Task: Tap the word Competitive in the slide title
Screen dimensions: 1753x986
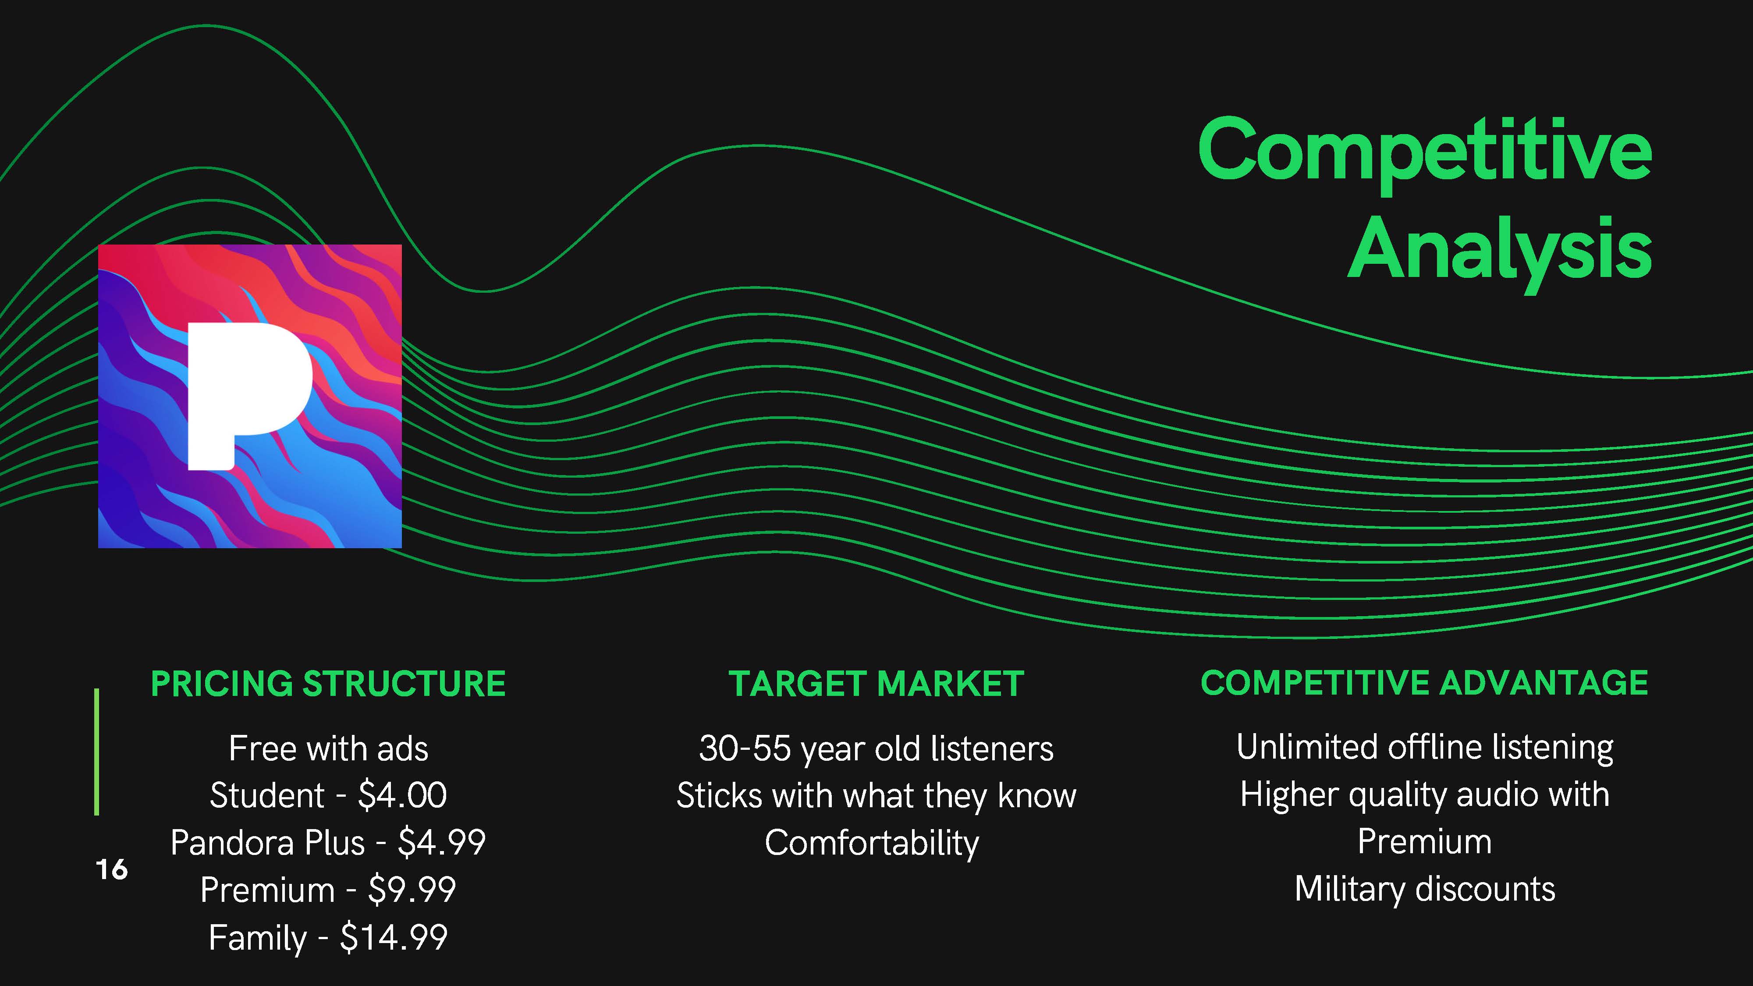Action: pyautogui.click(x=1425, y=154)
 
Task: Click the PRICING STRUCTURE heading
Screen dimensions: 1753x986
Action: pyautogui.click(x=328, y=684)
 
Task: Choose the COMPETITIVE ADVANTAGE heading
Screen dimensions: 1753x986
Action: pyautogui.click(x=1424, y=683)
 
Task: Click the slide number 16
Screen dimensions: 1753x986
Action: pyautogui.click(x=112, y=869)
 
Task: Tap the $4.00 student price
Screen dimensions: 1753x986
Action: pyautogui.click(x=402, y=795)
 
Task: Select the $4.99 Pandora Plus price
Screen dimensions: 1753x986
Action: pyautogui.click(x=442, y=842)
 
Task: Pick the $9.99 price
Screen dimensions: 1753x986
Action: pyautogui.click(x=412, y=890)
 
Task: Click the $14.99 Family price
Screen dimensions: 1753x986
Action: pyautogui.click(x=394, y=937)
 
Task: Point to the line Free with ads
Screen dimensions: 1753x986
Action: pyautogui.click(x=329, y=748)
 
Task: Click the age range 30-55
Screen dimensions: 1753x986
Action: pyautogui.click(x=745, y=748)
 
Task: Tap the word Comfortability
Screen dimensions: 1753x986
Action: pyautogui.click(x=872, y=844)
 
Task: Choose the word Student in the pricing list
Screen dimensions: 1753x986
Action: pyautogui.click(x=267, y=795)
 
